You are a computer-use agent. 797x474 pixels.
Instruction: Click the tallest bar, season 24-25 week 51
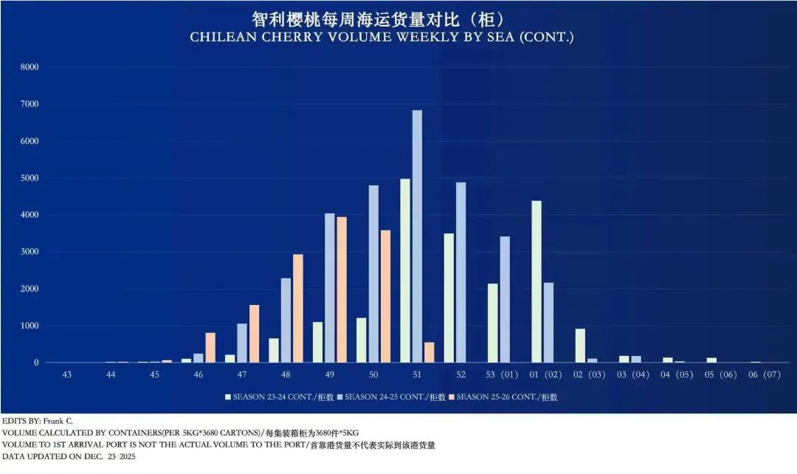coord(417,236)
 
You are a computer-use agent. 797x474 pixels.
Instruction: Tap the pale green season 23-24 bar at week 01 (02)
coord(536,281)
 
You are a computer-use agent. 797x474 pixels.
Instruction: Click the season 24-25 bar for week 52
coord(460,272)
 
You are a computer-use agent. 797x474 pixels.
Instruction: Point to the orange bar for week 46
coord(210,348)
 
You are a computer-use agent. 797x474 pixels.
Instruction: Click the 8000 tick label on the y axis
coord(30,67)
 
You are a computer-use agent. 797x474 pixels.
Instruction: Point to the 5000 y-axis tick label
coord(30,178)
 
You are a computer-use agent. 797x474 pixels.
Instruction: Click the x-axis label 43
coord(67,375)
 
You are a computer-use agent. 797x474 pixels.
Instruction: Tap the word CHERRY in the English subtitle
coord(281,37)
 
